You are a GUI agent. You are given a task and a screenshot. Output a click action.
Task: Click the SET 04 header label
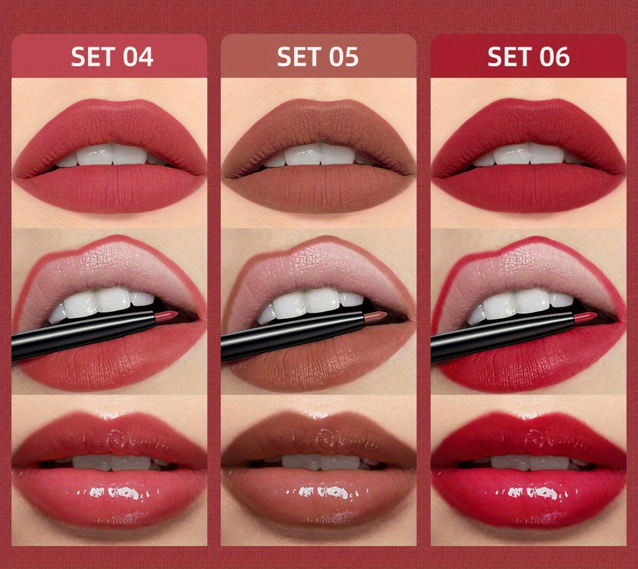[112, 57]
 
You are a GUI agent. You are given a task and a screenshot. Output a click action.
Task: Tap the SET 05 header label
[318, 57]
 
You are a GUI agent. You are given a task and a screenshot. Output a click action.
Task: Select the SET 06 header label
[528, 57]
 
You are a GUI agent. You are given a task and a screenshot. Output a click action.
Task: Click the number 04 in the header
[138, 57]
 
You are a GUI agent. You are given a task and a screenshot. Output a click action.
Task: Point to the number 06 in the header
[555, 57]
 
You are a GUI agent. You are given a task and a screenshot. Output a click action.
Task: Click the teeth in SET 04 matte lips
[112, 155]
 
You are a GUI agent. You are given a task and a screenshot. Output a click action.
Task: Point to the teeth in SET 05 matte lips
[319, 155]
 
